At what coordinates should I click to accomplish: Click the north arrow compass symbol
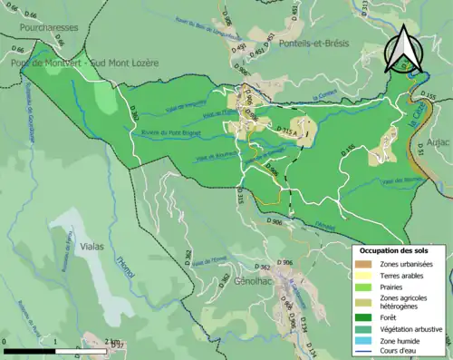click(401, 49)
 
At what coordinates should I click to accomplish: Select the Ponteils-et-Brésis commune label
click(313, 44)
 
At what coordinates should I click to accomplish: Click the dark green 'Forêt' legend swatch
click(366, 316)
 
